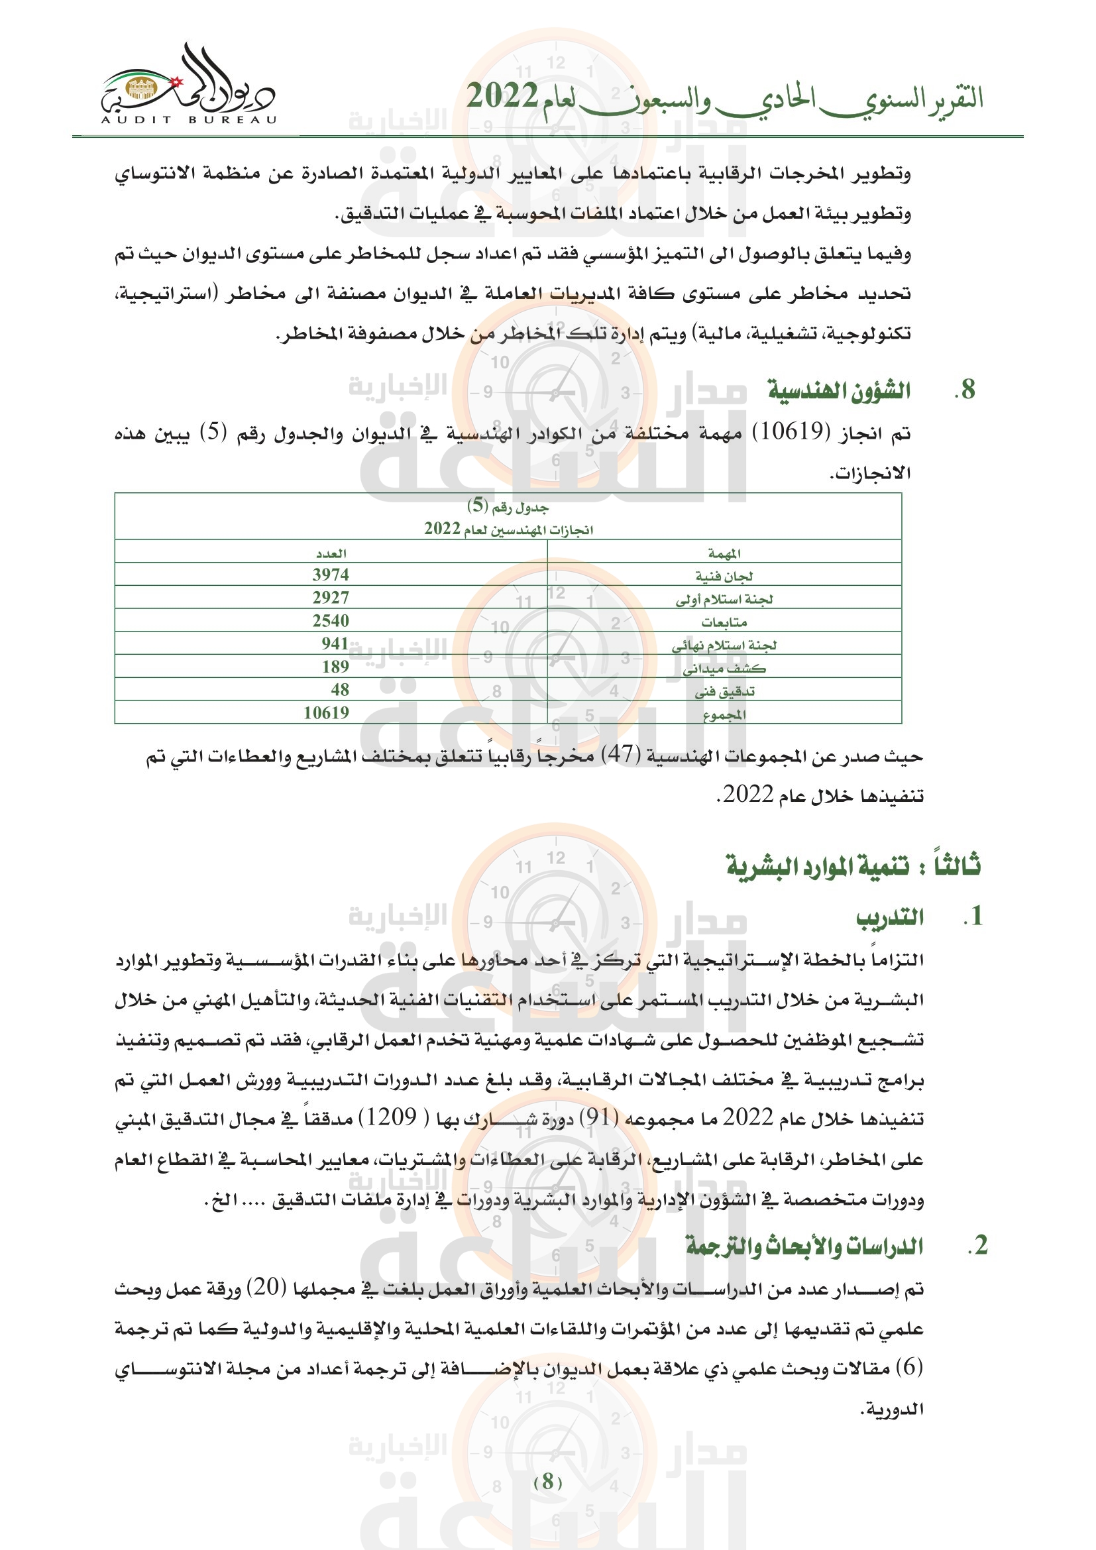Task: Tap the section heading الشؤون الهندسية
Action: click(x=839, y=391)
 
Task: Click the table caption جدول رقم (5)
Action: click(x=508, y=506)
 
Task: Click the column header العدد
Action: click(x=331, y=553)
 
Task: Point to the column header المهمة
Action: click(x=724, y=553)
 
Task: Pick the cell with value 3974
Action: click(x=331, y=575)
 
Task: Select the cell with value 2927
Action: click(x=331, y=598)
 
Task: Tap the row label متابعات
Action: click(x=724, y=622)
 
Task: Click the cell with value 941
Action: click(x=335, y=644)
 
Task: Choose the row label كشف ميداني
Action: click(x=724, y=669)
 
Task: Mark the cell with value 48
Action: click(x=339, y=690)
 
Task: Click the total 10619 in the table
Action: click(x=326, y=713)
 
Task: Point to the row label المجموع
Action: click(x=724, y=714)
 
